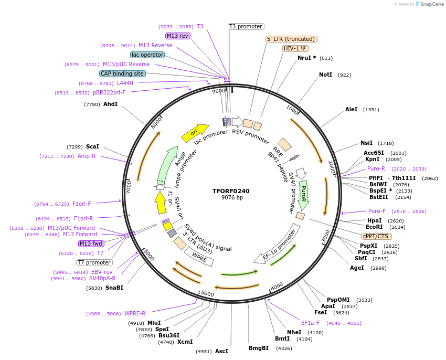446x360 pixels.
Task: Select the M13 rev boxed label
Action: point(177,36)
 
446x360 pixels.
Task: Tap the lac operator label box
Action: point(147,55)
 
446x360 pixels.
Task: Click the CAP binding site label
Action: point(122,74)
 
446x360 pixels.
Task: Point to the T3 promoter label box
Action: point(246,26)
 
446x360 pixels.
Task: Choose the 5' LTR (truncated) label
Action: point(291,39)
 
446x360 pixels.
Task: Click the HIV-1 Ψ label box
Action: point(295,48)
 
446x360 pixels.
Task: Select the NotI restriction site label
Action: point(325,75)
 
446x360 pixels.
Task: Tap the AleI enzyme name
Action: point(351,110)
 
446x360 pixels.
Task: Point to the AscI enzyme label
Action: point(221,351)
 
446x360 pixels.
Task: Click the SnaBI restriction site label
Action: point(114,288)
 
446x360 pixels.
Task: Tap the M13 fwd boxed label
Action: point(91,243)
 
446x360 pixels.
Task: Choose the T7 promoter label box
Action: point(94,262)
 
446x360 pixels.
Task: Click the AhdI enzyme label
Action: point(110,104)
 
